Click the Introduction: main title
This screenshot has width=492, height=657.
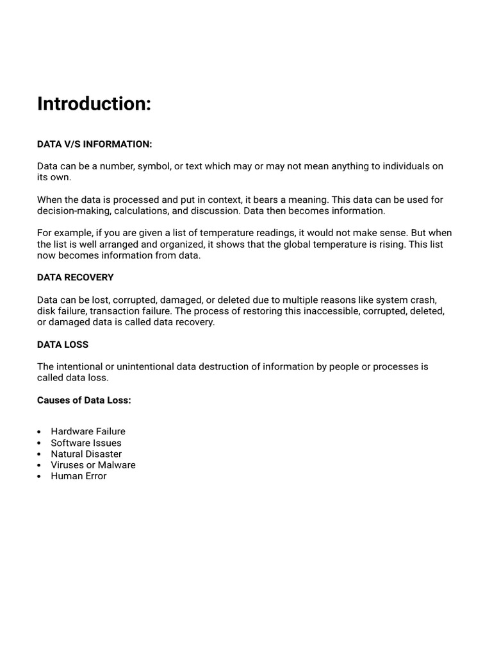[x=94, y=104]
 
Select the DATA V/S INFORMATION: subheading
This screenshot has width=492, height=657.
[x=94, y=144]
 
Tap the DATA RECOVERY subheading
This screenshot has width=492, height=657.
[x=75, y=277]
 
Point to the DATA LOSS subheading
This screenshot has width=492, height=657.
[x=63, y=345]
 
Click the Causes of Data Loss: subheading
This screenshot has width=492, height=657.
[x=84, y=400]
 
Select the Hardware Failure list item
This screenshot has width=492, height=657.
[x=88, y=431]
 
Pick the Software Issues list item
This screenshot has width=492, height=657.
[x=86, y=443]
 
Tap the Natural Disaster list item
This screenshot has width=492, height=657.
[x=86, y=454]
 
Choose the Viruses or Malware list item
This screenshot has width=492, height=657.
[x=93, y=465]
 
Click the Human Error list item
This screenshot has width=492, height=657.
[x=78, y=476]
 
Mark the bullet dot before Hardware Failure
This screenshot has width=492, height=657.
[x=40, y=432]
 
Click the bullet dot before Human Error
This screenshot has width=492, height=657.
[x=40, y=477]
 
